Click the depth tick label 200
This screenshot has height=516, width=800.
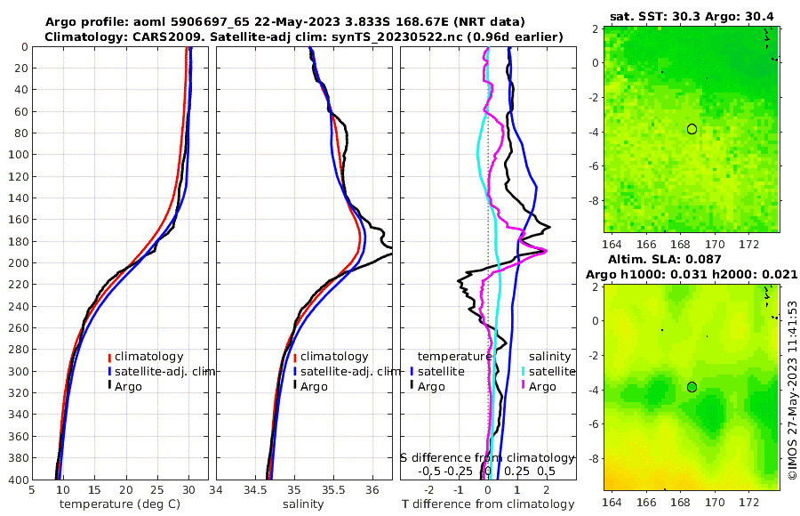[x=15, y=263]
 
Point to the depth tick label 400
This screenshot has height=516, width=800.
[x=15, y=480]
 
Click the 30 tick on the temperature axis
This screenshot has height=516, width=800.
[x=188, y=490]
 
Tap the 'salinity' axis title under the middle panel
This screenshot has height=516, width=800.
[x=303, y=504]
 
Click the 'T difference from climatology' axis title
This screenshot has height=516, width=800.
[x=489, y=504]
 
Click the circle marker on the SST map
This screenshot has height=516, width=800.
[x=692, y=129]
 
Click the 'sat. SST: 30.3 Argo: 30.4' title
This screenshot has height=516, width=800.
[x=692, y=16]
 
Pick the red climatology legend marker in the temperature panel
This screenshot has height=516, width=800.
[x=109, y=357]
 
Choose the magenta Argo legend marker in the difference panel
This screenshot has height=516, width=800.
[x=524, y=386]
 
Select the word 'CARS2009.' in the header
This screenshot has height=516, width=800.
[x=144, y=36]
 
